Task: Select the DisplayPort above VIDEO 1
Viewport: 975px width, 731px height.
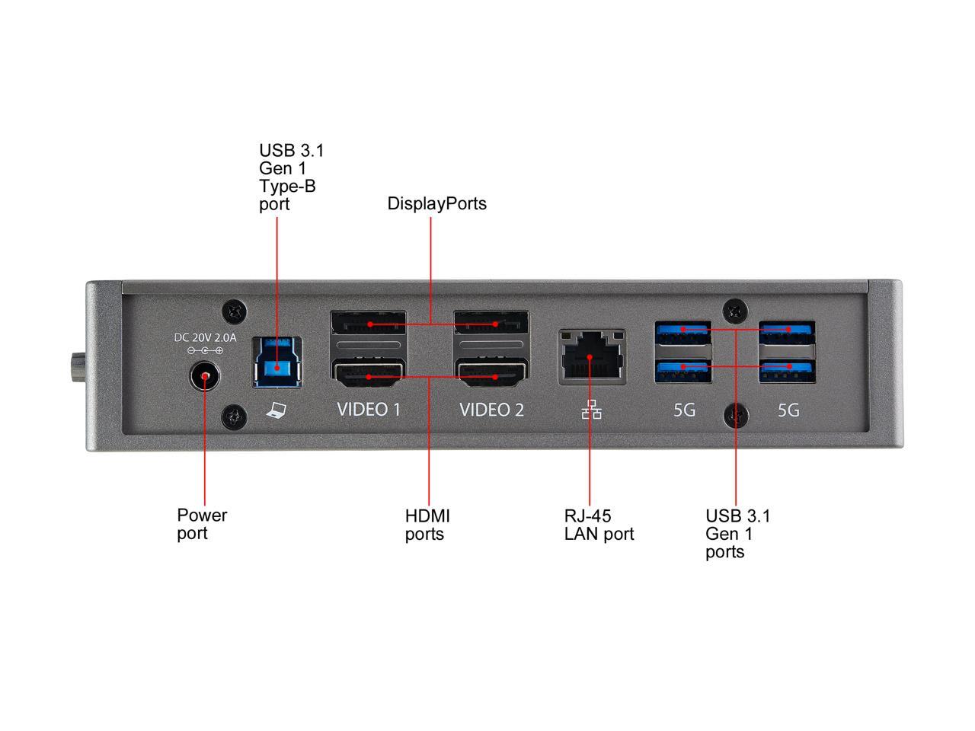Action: tap(369, 324)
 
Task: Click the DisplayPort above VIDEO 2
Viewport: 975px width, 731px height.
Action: tap(492, 324)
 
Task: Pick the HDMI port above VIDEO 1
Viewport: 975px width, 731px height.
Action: tap(369, 375)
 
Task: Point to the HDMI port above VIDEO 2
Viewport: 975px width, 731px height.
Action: tap(492, 375)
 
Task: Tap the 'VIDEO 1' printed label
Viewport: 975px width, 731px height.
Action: tap(369, 410)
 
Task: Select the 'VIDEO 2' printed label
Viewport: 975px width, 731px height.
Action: tap(492, 410)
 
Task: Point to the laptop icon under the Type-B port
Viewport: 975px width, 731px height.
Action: tap(276, 411)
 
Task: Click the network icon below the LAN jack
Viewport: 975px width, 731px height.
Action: tap(591, 411)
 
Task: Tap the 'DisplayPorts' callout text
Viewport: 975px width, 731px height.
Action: tap(436, 204)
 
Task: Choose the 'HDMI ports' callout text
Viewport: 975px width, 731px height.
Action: tap(427, 525)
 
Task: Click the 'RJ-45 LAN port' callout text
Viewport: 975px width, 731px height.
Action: tap(599, 525)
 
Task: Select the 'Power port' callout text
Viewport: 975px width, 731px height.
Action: tap(202, 524)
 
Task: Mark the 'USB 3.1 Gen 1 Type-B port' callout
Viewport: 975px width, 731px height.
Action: tap(291, 177)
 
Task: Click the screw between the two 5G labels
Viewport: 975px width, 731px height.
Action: tap(736, 415)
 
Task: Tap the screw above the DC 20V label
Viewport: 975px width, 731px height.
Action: tap(235, 311)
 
